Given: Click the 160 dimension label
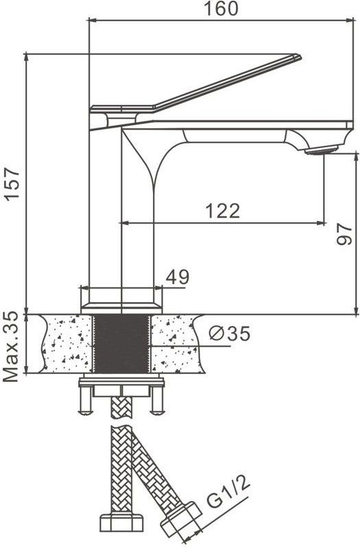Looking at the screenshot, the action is pyautogui.click(x=221, y=8).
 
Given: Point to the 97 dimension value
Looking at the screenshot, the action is pyautogui.click(x=344, y=234).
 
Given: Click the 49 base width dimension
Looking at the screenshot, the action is pyautogui.click(x=178, y=277).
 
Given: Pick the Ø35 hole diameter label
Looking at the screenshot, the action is pyautogui.click(x=229, y=334).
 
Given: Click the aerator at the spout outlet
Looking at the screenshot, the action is pyautogui.click(x=322, y=150).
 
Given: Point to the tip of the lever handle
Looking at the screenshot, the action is pyautogui.click(x=300, y=56).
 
